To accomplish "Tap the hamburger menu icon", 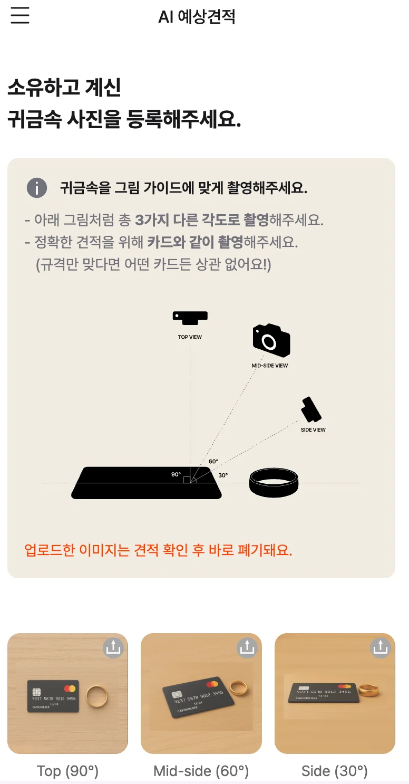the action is point(20,15).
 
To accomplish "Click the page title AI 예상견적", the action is point(197,16).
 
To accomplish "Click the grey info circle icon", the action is point(37,188).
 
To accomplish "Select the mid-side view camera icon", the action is point(271,340).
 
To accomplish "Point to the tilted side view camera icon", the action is point(311,409).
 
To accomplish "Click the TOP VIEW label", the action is point(190,337).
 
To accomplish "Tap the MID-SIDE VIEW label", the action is point(269,366).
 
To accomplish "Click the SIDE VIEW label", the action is point(313,430).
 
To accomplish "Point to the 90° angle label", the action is point(176,474).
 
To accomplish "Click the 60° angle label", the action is point(213,461).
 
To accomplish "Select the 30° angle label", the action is point(223,475).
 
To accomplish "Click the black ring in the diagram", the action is point(274,490).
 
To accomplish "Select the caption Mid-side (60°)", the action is point(201,771).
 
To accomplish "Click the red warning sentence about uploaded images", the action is point(158,550).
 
